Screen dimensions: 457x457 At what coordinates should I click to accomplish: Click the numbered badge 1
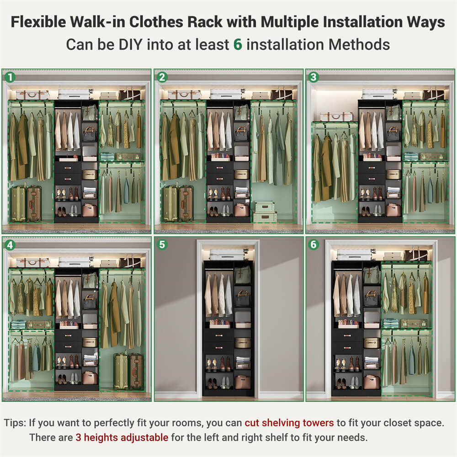[9, 77]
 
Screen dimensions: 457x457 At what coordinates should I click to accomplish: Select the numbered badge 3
[313, 77]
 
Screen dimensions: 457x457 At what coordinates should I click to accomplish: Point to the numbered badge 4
[9, 245]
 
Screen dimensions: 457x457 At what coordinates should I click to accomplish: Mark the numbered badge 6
[313, 245]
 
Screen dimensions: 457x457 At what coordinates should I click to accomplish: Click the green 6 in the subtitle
[237, 44]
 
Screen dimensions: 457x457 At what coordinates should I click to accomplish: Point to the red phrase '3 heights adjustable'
[122, 437]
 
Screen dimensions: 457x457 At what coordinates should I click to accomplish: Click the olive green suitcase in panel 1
[18, 203]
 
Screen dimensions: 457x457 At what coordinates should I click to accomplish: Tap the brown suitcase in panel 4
[136, 371]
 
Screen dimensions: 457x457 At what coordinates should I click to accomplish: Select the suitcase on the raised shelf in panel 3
[336, 117]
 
